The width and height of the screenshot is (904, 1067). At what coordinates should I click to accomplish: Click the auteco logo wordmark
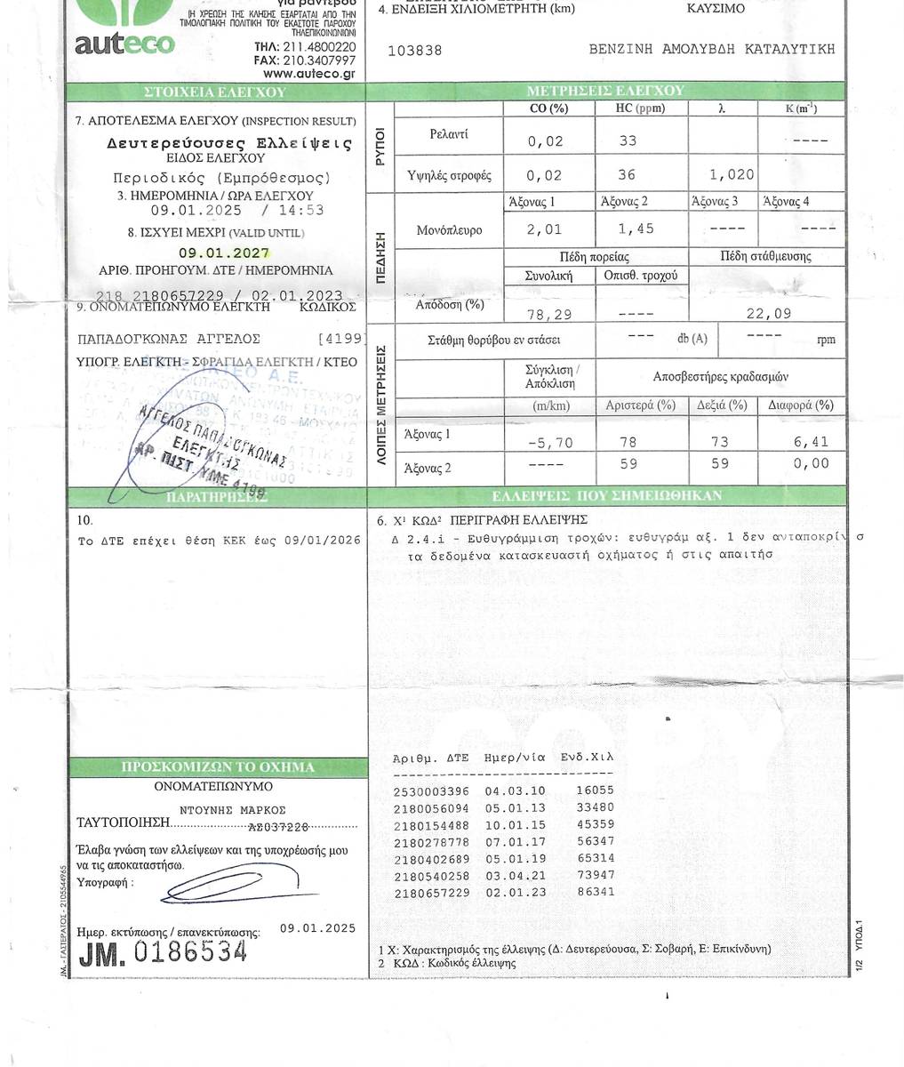[124, 43]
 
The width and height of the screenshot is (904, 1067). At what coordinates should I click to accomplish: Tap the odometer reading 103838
[415, 51]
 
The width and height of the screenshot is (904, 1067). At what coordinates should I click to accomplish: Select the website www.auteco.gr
[309, 74]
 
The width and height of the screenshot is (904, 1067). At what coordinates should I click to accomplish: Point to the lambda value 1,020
[733, 175]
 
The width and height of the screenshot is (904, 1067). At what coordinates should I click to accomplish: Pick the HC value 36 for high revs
[627, 175]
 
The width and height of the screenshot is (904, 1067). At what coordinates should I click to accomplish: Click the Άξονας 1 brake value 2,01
[544, 229]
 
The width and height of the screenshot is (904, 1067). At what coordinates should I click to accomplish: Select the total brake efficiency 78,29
[548, 315]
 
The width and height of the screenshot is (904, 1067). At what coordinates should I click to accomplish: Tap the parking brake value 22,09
[769, 313]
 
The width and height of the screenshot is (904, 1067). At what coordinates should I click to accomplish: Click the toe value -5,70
[550, 442]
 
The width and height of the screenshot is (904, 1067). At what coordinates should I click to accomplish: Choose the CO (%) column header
[548, 109]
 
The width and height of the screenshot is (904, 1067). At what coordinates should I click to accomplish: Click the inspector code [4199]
[341, 339]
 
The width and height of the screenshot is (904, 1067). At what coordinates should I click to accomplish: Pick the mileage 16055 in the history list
[595, 790]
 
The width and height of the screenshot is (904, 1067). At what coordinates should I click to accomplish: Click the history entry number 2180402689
[430, 859]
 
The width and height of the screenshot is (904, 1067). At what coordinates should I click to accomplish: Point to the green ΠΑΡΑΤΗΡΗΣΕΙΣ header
[216, 497]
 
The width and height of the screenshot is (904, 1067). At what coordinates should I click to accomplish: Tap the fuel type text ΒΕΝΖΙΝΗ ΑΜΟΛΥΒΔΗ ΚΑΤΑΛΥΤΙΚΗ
[712, 50]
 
